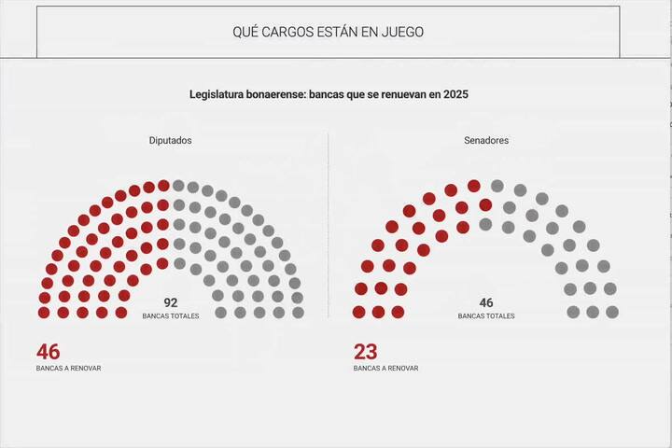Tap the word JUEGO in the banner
(x=402, y=32)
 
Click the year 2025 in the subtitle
(x=455, y=94)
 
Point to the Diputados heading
(x=171, y=141)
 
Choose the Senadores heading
(x=486, y=141)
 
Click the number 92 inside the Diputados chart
(x=171, y=302)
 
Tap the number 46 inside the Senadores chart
(x=486, y=302)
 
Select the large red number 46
(x=49, y=352)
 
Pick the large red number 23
(x=366, y=352)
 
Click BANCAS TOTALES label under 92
(x=171, y=316)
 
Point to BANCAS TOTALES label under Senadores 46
(x=486, y=316)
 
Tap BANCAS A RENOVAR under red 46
(x=69, y=368)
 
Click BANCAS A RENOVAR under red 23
(x=386, y=368)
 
